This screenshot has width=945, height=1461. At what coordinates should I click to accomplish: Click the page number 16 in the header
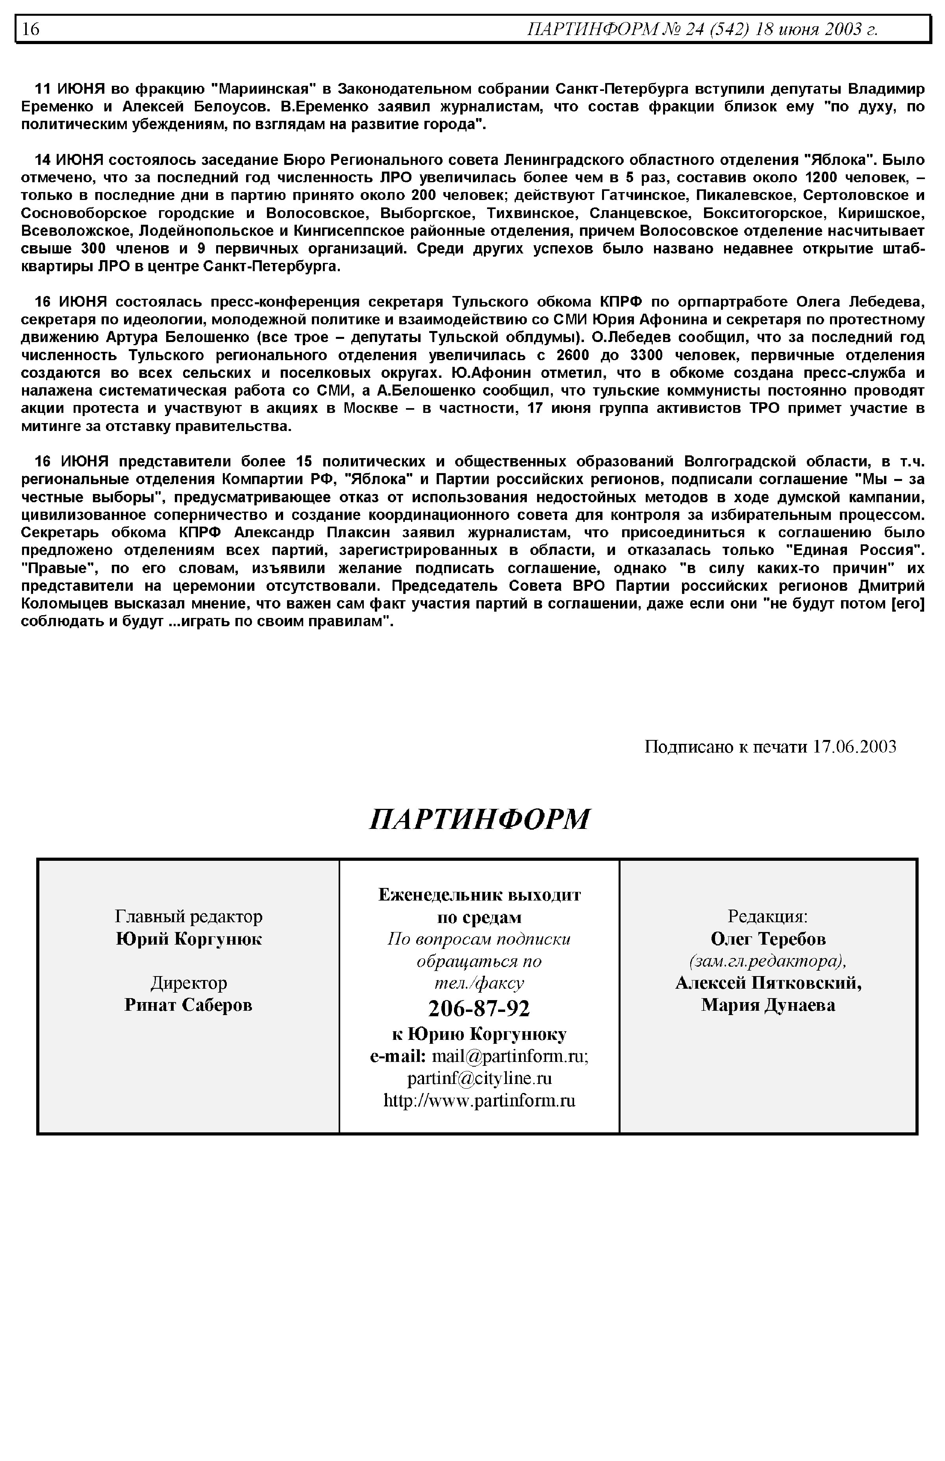point(31,29)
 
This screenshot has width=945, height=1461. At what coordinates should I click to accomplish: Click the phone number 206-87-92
point(479,1008)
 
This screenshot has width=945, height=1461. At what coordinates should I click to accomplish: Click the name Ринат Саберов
point(188,1005)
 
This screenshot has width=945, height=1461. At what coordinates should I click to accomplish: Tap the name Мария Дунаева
point(768,1005)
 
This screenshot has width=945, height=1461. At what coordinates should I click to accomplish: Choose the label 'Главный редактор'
point(188,916)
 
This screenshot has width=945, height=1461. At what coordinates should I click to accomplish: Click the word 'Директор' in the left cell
point(188,982)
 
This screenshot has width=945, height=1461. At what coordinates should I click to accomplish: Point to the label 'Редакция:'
point(768,916)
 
